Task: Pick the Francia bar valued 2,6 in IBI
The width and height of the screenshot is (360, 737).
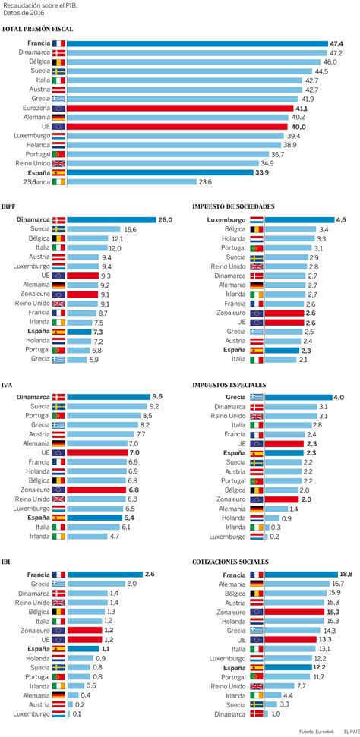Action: [105, 575]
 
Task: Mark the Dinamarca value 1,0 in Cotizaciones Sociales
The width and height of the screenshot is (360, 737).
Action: [276, 713]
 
